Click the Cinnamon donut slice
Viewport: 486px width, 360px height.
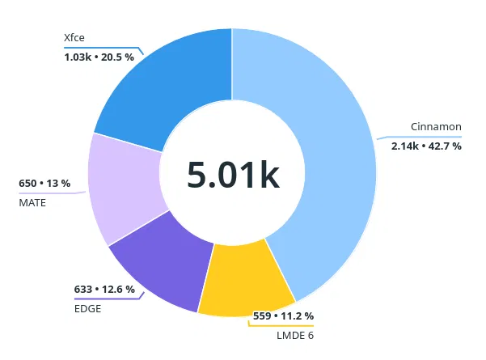[323, 162]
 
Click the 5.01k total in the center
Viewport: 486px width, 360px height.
[232, 175]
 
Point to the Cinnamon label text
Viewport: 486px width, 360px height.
[436, 127]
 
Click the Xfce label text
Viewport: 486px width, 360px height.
[74, 37]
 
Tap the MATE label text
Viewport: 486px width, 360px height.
[32, 202]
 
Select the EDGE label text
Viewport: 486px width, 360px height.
[87, 307]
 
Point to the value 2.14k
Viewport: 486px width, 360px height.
[405, 146]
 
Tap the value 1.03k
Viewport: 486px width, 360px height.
[78, 57]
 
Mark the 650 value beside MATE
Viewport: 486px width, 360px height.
[28, 184]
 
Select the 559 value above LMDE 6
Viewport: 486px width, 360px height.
[263, 316]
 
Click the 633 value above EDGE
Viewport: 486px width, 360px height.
[83, 289]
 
